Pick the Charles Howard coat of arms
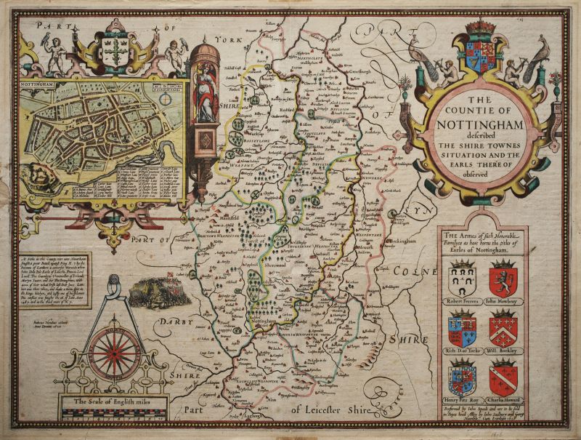(x=502, y=377)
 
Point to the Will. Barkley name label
(x=503, y=350)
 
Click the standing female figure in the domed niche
(x=206, y=95)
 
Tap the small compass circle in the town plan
(x=167, y=97)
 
